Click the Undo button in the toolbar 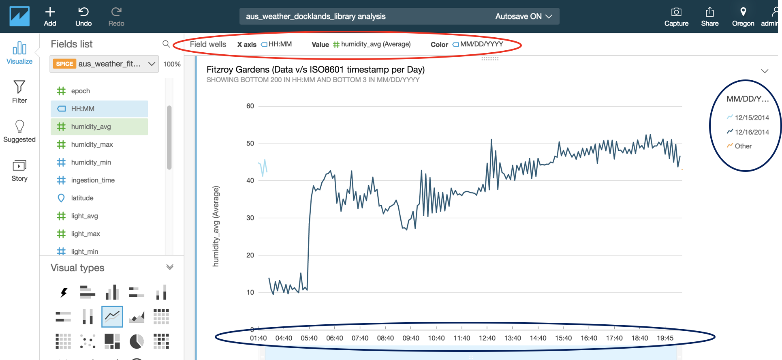[x=83, y=17]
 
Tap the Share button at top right [x=709, y=17]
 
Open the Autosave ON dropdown [x=523, y=16]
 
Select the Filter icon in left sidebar [x=19, y=92]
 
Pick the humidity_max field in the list [x=92, y=144]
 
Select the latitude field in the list [x=82, y=198]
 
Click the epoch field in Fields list [x=81, y=91]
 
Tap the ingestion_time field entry [x=93, y=180]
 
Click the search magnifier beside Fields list [x=166, y=44]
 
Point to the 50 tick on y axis [x=250, y=143]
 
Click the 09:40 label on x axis [x=410, y=338]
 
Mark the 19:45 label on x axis [x=665, y=338]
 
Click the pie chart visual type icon [x=137, y=341]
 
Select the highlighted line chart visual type [x=112, y=316]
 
